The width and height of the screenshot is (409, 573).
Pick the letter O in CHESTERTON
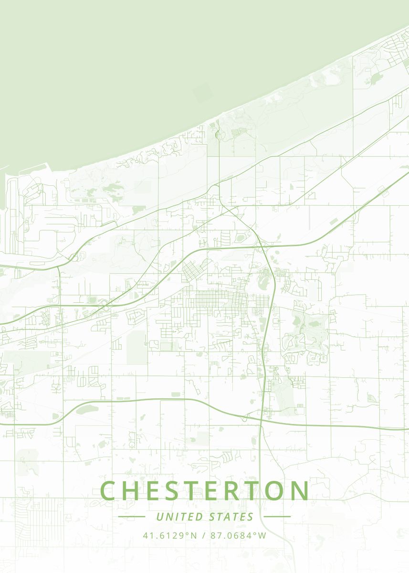(274, 491)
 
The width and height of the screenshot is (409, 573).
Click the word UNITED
(179, 517)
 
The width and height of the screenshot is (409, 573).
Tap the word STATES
(231, 517)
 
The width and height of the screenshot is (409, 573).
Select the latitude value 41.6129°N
(170, 535)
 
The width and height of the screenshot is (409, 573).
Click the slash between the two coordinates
(203, 535)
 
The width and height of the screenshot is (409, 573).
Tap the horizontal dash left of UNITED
(131, 517)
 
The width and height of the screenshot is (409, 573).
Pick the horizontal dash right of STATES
(277, 517)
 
